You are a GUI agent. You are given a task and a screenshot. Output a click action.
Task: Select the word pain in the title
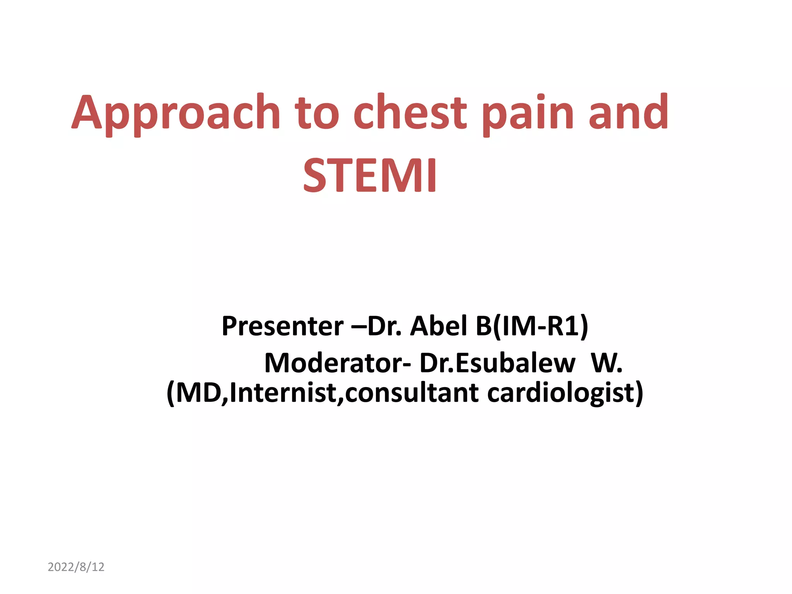[x=528, y=114]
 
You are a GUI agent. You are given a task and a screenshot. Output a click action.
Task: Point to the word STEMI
[x=370, y=176]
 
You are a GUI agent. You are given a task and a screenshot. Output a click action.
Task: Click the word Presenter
[x=283, y=326]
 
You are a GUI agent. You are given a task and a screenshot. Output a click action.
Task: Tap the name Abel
[x=439, y=326]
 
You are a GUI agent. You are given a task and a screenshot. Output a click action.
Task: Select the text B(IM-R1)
[x=532, y=326]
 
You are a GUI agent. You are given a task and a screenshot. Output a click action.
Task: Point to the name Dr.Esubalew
[x=497, y=363]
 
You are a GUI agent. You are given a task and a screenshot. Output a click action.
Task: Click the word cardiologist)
[x=565, y=393]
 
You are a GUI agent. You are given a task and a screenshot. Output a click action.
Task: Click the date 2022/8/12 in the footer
[x=76, y=567]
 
